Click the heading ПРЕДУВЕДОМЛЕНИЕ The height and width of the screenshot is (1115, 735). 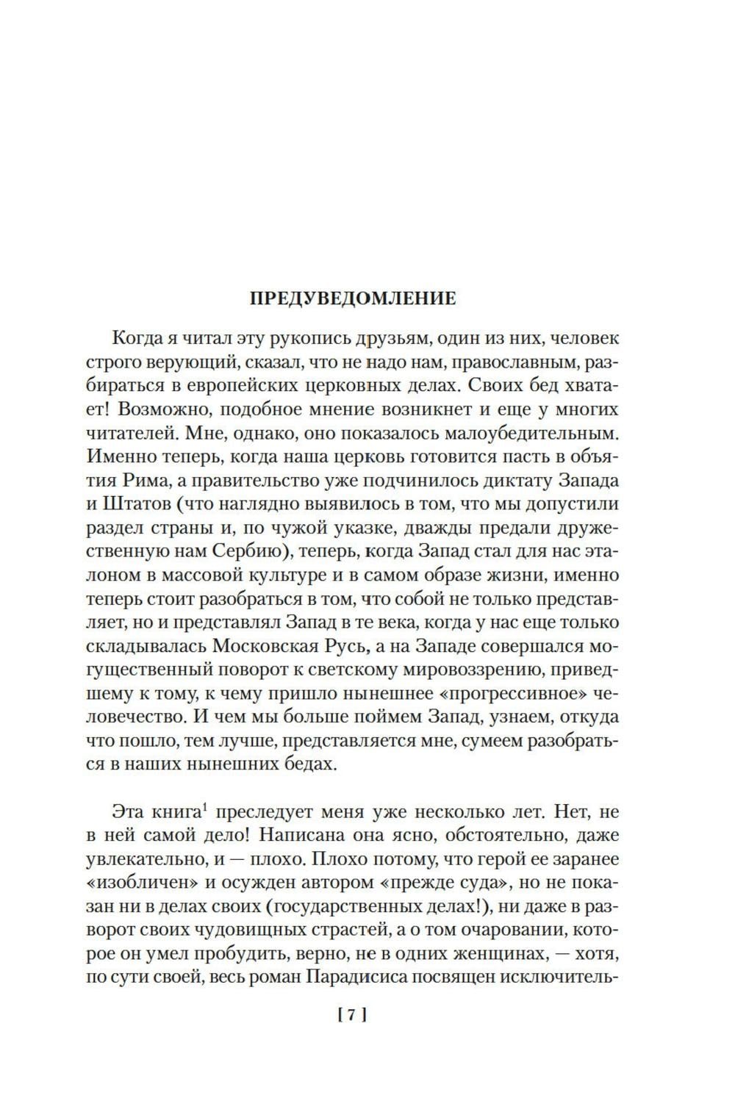353,299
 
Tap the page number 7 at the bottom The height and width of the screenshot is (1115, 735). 352,1016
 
